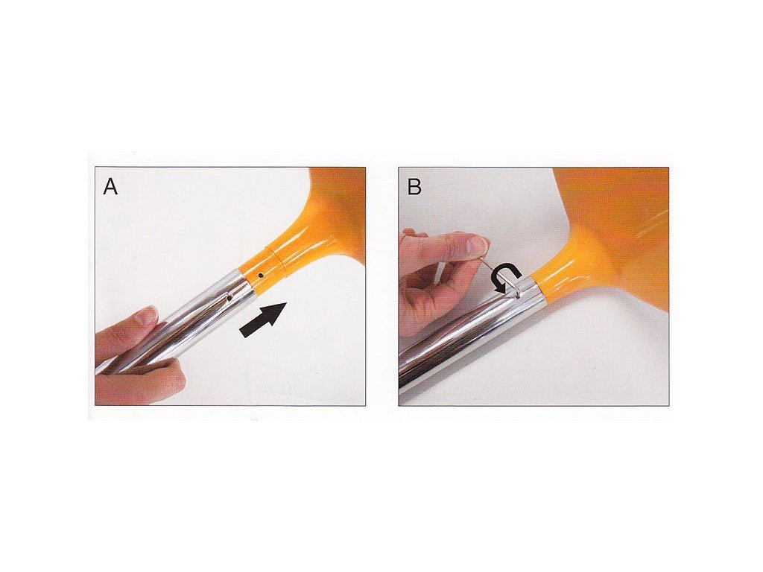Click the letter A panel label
click(x=110, y=187)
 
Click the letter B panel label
click(x=414, y=187)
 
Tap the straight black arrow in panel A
click(x=264, y=319)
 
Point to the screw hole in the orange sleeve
click(x=261, y=276)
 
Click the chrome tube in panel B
click(x=475, y=335)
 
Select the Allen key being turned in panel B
click(x=502, y=273)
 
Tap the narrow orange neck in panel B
click(x=560, y=277)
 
